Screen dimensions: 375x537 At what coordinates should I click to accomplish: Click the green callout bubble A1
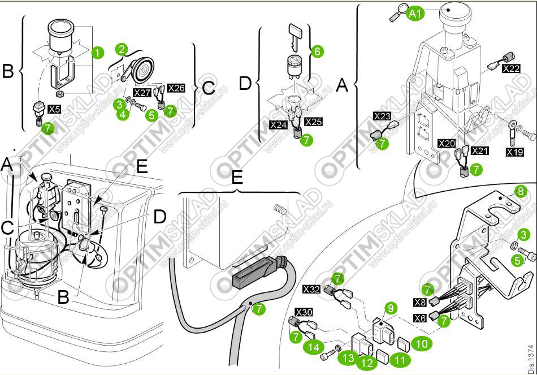tap(415, 14)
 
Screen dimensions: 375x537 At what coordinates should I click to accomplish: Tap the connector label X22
tap(512, 68)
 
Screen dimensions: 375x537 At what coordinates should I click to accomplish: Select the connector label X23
tap(382, 116)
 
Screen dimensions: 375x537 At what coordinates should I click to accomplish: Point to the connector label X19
tap(514, 152)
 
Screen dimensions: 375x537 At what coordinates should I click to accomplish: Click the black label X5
tap(55, 107)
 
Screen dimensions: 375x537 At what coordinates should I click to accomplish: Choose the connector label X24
tap(279, 124)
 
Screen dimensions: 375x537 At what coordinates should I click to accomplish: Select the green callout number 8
tap(521, 191)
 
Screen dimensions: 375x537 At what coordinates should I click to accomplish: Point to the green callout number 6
tap(317, 51)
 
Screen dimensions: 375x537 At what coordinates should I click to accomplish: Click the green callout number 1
tap(97, 53)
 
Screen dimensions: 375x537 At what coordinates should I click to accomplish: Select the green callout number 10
tap(421, 343)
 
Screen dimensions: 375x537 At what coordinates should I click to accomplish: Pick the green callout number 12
tap(367, 362)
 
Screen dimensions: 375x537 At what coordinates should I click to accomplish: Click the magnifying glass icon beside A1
tap(399, 14)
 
